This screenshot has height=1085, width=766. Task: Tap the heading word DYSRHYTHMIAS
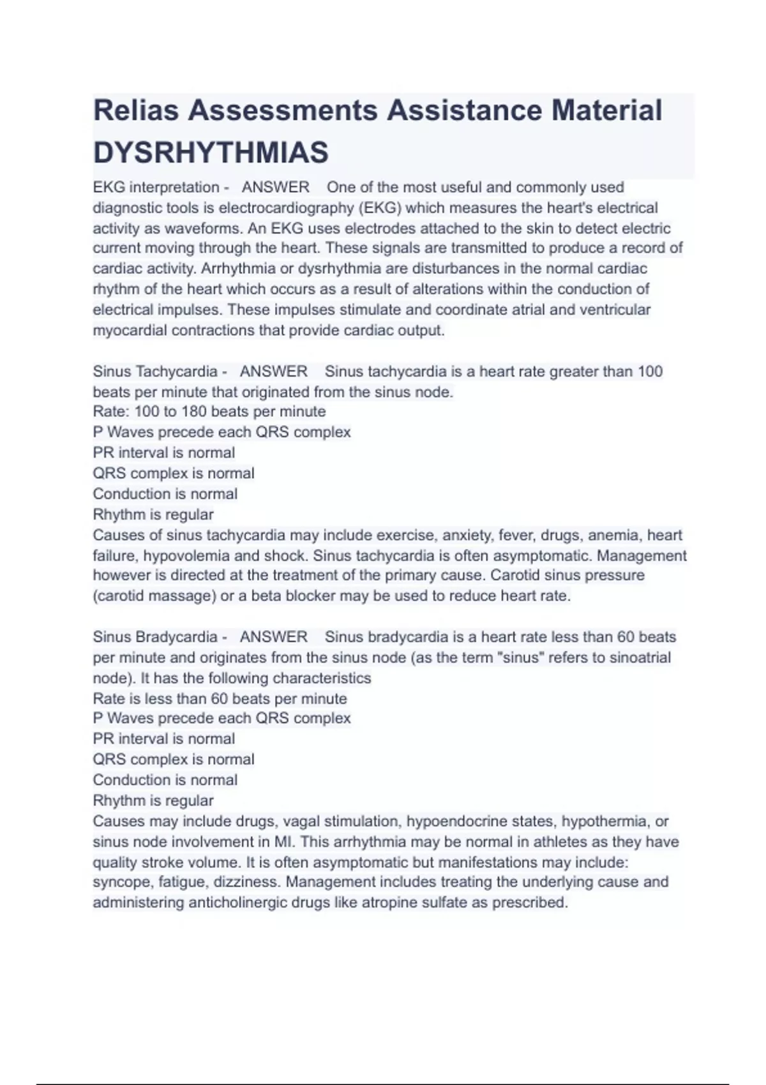coord(211,153)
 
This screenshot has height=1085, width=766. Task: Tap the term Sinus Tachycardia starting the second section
coord(155,371)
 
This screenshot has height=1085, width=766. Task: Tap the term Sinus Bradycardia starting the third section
coord(155,637)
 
